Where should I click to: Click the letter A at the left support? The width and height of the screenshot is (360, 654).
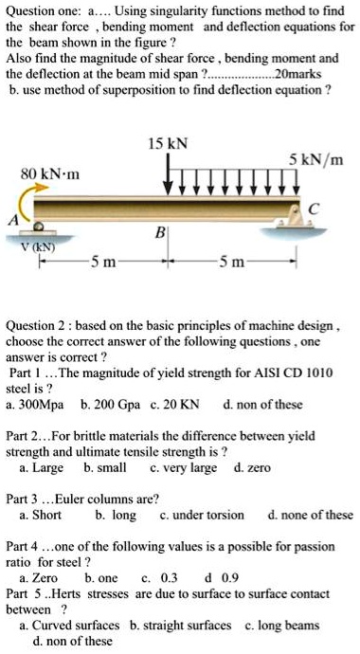(x=12, y=221)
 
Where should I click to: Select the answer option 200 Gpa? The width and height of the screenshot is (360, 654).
(x=114, y=404)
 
